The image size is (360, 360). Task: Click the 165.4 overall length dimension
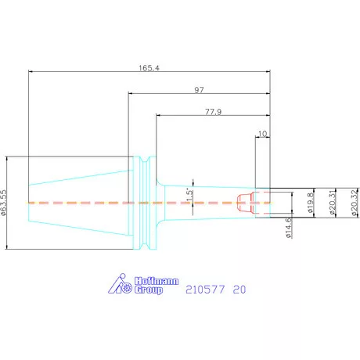point(149,68)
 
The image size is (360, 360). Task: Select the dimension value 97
point(199,90)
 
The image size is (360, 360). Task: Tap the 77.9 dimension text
point(213,112)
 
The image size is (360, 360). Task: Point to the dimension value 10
point(262,134)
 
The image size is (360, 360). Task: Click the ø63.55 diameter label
point(3,203)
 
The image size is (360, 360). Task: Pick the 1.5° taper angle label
point(190,195)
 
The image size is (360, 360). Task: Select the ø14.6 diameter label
point(289,228)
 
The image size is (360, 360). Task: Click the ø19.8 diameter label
point(311,203)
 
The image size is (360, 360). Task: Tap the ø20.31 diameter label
point(332,203)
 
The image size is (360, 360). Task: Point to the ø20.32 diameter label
point(354,203)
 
